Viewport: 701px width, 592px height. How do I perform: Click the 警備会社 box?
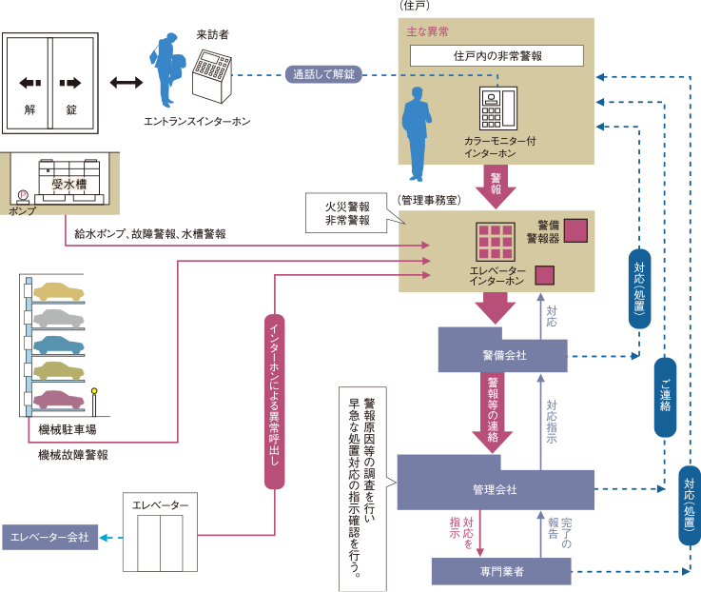tap(502, 355)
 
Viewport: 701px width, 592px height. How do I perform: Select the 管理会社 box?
tap(495, 489)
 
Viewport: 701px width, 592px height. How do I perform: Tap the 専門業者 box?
tap(501, 572)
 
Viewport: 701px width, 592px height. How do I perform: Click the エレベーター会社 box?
tap(49, 538)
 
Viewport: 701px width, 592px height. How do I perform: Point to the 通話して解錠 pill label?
tap(323, 74)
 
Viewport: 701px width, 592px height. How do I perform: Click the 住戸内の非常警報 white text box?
tap(497, 56)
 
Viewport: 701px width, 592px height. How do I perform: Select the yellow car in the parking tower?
tap(58, 290)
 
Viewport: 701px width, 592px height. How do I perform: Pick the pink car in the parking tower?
tap(58, 399)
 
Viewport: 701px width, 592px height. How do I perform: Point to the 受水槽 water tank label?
tap(69, 183)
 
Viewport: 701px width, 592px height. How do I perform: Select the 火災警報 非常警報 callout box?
tap(347, 212)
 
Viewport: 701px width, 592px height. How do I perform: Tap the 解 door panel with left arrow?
tap(29, 83)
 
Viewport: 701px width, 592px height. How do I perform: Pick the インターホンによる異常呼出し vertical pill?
tap(274, 401)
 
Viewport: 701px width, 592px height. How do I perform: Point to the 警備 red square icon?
tap(575, 230)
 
